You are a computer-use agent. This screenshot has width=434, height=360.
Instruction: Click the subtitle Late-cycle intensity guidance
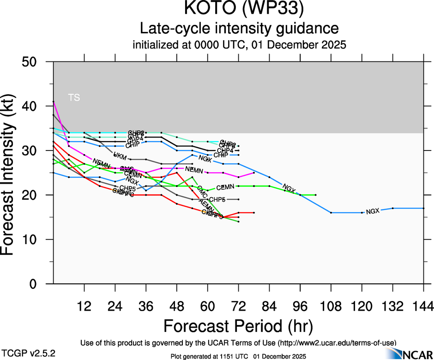click(x=239, y=29)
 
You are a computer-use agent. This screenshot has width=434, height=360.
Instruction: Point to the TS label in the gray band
click(x=74, y=97)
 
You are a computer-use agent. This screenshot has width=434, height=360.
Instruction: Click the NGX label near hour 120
click(x=373, y=211)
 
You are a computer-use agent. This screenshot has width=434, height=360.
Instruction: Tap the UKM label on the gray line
click(x=120, y=156)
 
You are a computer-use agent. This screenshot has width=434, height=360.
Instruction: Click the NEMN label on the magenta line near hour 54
click(x=194, y=170)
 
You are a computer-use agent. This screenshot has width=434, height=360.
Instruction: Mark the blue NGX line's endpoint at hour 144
click(x=423, y=208)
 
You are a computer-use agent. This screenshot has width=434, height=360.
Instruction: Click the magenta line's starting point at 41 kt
click(x=54, y=102)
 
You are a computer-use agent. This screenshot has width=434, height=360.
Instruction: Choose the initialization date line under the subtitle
click(x=239, y=45)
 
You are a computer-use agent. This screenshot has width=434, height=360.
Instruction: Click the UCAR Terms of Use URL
click(x=337, y=342)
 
